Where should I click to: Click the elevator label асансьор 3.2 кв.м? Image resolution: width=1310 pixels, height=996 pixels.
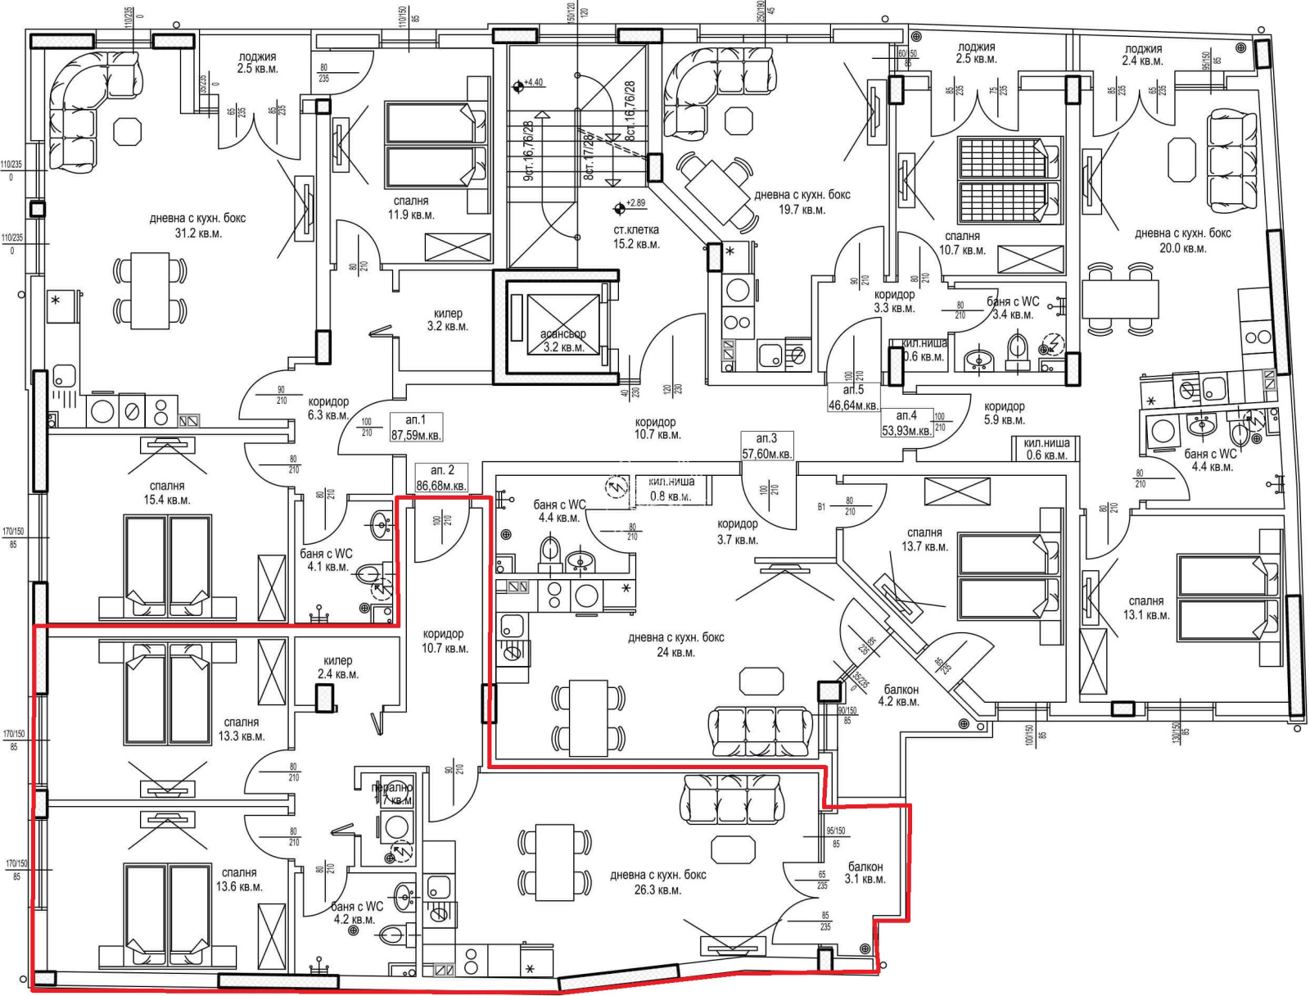[x=562, y=341]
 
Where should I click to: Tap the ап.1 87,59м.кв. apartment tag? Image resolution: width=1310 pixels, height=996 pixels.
[x=416, y=428]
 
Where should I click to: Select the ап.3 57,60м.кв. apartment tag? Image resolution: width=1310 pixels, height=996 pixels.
[x=766, y=446]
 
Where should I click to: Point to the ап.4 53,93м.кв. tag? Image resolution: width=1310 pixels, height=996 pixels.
[x=906, y=423]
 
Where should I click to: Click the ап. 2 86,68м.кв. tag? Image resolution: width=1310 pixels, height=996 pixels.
[x=442, y=478]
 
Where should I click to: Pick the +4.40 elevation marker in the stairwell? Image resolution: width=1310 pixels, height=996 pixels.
[x=518, y=84]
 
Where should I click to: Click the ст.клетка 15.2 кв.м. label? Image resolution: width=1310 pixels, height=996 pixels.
[x=635, y=237]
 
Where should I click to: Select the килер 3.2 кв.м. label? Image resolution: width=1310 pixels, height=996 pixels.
[x=447, y=319]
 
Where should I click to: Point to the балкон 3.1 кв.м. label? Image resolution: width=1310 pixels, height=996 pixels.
[x=865, y=872]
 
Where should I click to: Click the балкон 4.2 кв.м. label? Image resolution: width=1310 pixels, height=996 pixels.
[x=898, y=695]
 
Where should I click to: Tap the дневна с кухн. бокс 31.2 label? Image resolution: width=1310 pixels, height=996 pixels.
[x=197, y=225]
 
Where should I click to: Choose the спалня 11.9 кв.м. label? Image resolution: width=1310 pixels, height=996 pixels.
[x=410, y=207]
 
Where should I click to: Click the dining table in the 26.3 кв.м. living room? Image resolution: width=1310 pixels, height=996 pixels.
[x=554, y=861]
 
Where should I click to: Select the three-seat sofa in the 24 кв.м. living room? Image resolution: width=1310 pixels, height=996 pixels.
[x=761, y=731]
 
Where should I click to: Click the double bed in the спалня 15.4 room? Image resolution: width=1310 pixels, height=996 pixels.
[x=167, y=565]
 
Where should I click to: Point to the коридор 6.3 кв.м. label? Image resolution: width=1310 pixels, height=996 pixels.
[x=328, y=408]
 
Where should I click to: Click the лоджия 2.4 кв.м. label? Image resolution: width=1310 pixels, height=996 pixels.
[x=1143, y=55]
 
